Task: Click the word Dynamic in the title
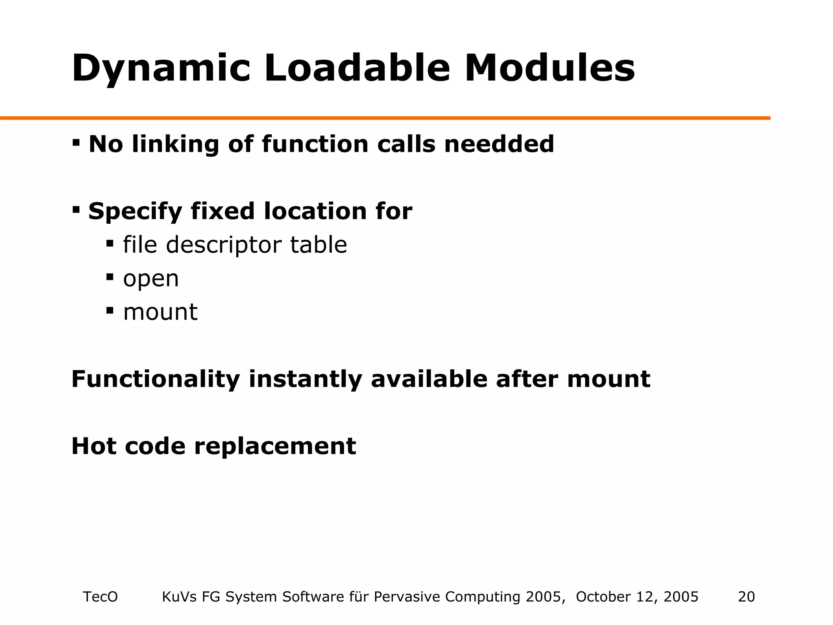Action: (160, 68)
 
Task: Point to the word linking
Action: (175, 145)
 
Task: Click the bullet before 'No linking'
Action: (76, 143)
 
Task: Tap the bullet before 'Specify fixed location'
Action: (76, 210)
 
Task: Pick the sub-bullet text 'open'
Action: (151, 280)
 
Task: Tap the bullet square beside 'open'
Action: (110, 277)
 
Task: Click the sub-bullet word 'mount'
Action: (160, 312)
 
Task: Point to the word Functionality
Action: (155, 379)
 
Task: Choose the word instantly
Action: (305, 379)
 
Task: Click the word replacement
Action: (275, 446)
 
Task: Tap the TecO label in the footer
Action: (100, 597)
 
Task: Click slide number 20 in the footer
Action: (746, 597)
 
